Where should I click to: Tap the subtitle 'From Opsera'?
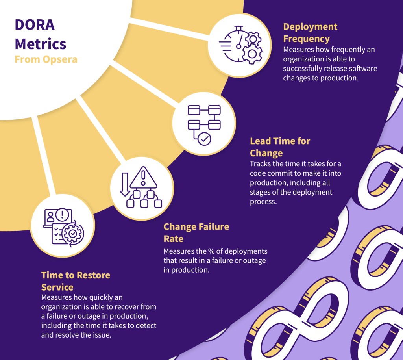point(46,59)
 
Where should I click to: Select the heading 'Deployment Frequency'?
point(310,33)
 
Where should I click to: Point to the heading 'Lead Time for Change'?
point(280,147)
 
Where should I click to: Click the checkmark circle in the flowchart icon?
point(205,139)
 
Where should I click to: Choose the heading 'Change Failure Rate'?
point(196,232)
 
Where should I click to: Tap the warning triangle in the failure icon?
point(143,178)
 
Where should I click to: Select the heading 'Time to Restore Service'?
point(76,280)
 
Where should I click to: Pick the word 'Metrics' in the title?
point(41,43)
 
